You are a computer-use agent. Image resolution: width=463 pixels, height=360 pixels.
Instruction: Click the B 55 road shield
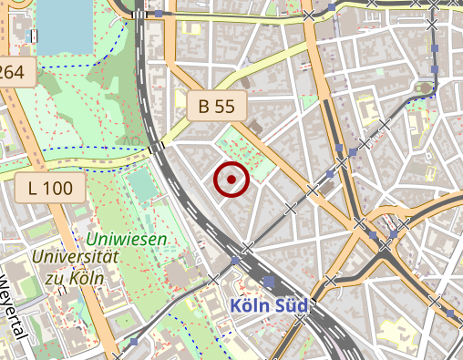[x=216, y=106]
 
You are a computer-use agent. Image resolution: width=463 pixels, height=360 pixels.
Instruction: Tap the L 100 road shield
[x=50, y=190]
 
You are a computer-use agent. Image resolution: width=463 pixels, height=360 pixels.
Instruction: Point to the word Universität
[x=75, y=257]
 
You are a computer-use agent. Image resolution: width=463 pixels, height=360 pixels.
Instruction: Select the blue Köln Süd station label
[x=270, y=306]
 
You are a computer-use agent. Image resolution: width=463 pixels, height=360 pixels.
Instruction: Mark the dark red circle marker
[x=231, y=180]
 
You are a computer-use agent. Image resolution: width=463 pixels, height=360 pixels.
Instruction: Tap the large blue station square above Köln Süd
[x=268, y=283]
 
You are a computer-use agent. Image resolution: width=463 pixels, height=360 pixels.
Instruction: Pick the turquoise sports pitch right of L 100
[x=142, y=186]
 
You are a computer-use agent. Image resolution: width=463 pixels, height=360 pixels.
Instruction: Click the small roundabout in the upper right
[x=425, y=88]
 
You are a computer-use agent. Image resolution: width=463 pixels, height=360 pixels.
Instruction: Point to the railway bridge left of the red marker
[x=156, y=146]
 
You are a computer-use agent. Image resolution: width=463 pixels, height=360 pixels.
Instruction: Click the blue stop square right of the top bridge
[x=159, y=15]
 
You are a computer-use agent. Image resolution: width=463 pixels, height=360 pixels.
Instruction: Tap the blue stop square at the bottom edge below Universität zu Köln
[x=135, y=343]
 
